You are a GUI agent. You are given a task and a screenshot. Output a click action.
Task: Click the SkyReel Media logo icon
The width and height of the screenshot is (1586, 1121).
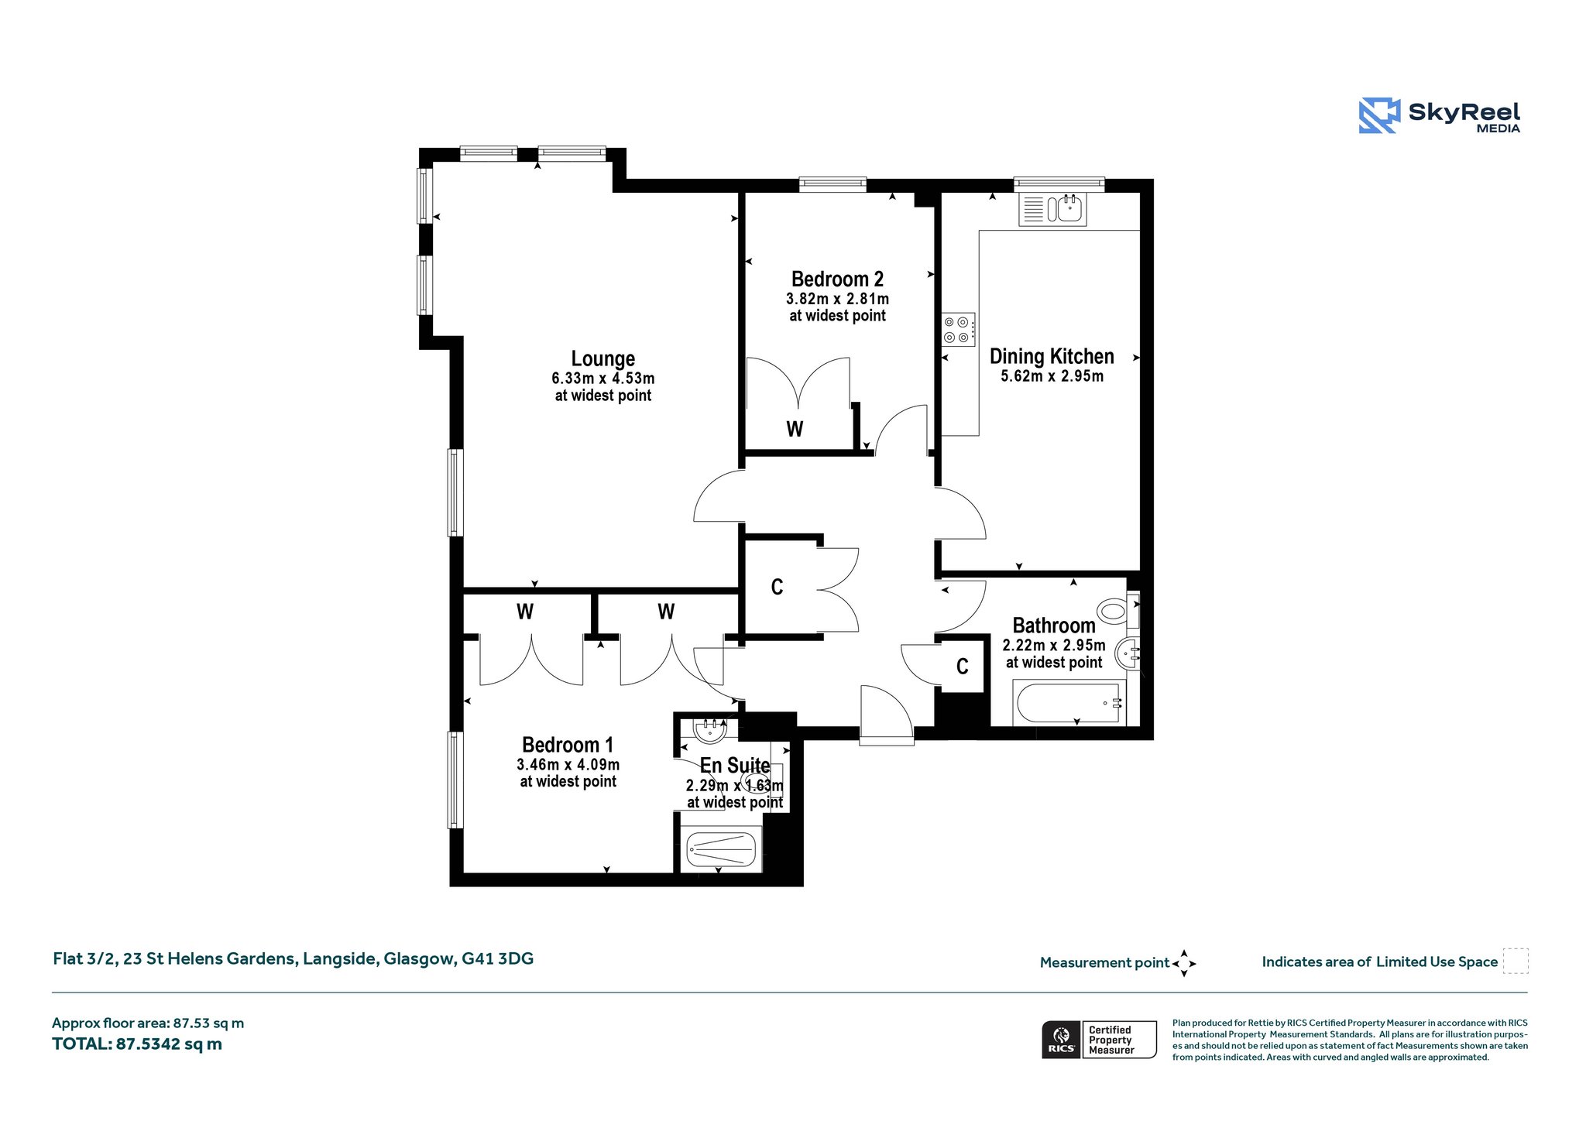1379,115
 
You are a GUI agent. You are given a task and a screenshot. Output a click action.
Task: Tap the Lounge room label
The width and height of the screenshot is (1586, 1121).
602,358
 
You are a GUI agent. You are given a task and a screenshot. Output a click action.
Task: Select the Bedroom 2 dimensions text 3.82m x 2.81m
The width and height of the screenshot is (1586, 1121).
837,299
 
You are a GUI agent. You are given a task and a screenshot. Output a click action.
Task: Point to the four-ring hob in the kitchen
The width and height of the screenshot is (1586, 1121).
958,330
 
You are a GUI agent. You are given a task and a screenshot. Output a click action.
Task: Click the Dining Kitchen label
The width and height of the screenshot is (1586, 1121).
1052,356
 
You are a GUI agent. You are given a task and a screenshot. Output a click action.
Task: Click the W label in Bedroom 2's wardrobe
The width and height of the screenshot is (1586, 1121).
795,429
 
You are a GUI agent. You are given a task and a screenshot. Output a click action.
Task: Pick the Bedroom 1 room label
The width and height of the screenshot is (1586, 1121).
568,745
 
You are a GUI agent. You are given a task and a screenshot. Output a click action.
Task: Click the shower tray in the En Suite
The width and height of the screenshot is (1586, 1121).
720,849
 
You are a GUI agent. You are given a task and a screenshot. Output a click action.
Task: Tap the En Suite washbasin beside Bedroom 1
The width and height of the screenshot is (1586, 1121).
709,729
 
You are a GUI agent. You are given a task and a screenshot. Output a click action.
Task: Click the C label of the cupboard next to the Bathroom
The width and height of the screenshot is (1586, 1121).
963,667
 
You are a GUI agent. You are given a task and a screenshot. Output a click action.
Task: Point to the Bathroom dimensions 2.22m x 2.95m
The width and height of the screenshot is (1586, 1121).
1054,645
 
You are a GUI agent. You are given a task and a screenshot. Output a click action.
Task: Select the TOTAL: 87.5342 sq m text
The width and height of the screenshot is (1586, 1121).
137,1044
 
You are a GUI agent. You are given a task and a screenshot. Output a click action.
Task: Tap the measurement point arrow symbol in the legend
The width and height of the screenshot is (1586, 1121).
1184,963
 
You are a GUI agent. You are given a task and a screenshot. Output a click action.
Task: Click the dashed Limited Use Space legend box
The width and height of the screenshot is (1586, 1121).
1516,961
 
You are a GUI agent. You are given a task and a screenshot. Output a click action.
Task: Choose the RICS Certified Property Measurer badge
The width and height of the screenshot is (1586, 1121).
1099,1039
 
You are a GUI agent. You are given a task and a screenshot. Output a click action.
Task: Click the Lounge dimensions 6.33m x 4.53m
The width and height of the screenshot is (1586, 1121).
603,379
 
